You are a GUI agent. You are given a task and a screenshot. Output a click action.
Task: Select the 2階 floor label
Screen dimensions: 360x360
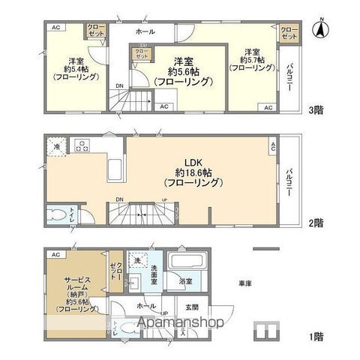coord(316,222)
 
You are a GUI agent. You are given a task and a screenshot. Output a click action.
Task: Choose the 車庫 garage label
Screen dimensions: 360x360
coord(244,283)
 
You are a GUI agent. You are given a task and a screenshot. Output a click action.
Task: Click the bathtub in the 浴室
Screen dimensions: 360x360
coord(182,264)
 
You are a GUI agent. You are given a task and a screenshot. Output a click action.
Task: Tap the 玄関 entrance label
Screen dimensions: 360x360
coord(191,307)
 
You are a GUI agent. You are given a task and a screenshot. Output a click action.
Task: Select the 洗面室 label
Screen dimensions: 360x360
coord(149,274)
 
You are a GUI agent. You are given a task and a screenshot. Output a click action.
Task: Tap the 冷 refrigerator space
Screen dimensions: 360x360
coord(55,147)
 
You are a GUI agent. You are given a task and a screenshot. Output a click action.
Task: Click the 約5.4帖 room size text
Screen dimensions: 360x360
coord(75,72)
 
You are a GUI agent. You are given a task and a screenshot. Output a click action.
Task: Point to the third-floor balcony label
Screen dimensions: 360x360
coord(290,77)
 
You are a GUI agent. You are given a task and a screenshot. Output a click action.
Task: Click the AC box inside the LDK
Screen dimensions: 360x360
coord(273,146)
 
